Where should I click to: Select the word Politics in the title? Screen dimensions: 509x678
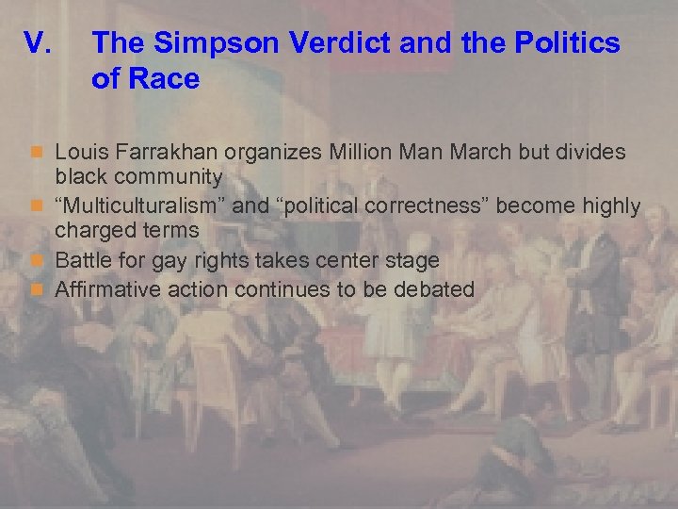pos(569,43)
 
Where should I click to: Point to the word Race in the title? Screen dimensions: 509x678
pos(165,79)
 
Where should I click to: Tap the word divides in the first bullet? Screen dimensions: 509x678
pos(594,152)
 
